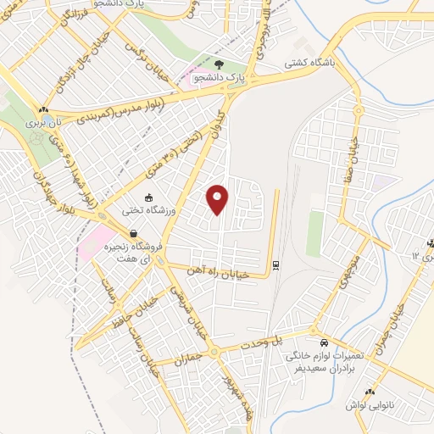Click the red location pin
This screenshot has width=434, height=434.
[x=218, y=198]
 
